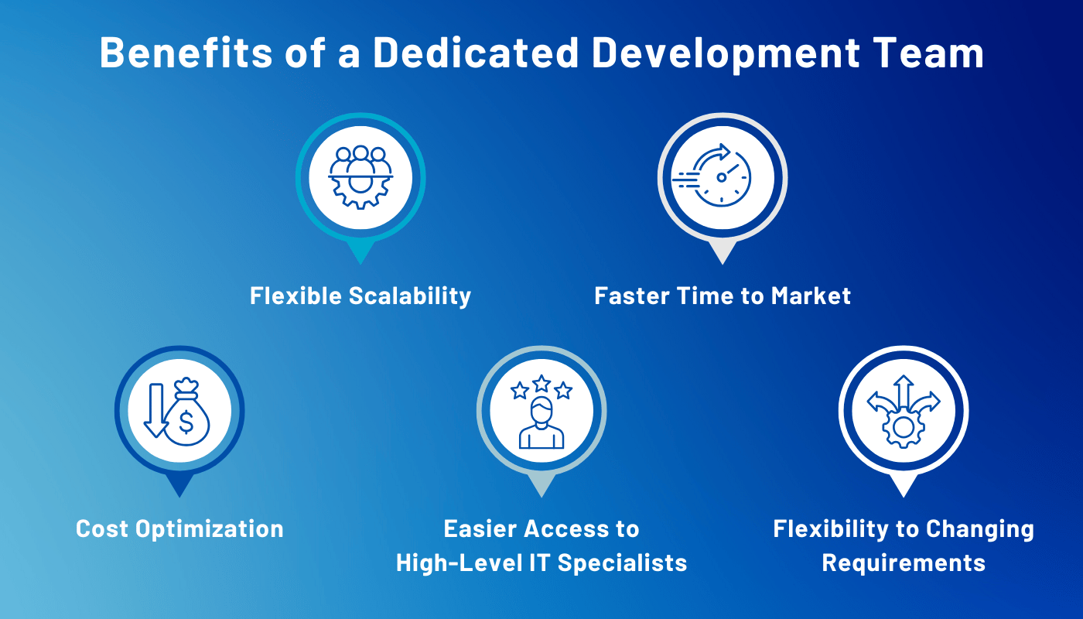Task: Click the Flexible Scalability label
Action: (x=360, y=296)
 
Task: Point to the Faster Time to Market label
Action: (x=723, y=296)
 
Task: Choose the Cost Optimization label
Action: (x=179, y=529)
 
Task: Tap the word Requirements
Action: (x=904, y=563)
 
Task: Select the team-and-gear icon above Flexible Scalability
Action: (x=360, y=177)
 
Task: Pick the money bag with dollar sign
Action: (x=188, y=418)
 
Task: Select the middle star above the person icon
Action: (x=541, y=383)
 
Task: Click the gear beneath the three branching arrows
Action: (x=903, y=428)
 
